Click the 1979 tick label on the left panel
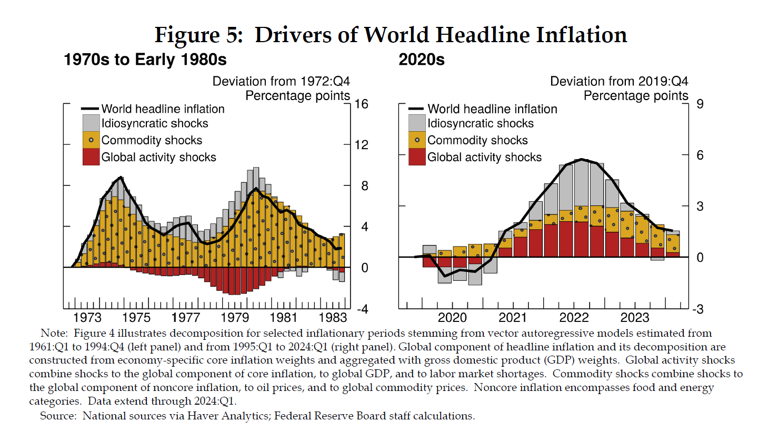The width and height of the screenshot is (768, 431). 235,318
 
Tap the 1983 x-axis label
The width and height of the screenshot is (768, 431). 333,318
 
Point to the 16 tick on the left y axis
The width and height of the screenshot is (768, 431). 362,104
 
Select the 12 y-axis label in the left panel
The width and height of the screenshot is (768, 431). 362,145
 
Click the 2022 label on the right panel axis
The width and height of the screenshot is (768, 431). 574,318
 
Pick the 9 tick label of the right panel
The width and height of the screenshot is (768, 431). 700,104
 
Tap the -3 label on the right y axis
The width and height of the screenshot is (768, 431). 697,309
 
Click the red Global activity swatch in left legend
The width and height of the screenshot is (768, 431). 91,157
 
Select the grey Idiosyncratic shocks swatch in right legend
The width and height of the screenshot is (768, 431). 417,123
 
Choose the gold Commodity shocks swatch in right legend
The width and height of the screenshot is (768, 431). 417,140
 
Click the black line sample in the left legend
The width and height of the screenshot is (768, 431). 90,109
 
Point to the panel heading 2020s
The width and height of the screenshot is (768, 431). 422,60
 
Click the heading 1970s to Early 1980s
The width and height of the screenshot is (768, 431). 145,60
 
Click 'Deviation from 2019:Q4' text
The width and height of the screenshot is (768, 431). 619,81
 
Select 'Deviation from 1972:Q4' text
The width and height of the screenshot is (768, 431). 281,81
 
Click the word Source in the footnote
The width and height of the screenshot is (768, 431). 57,416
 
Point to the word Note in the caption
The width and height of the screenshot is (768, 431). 53,333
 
